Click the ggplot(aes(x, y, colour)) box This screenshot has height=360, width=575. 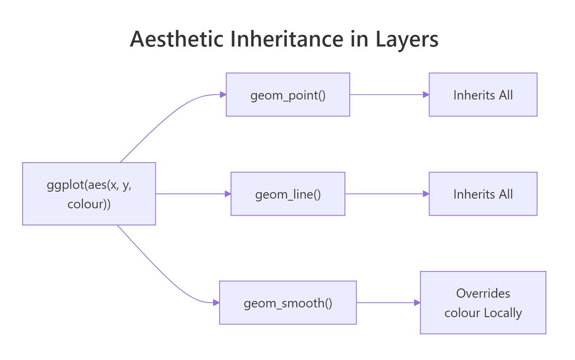(89, 194)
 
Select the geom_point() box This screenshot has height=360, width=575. (287, 95)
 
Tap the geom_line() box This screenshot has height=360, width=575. (287, 194)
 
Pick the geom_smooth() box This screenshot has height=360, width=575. (287, 303)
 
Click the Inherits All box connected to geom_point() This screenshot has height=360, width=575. (483, 95)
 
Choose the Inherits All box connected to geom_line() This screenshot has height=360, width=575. (483, 194)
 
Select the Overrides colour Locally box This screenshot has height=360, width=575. (483, 303)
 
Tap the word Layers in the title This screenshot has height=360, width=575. (407, 39)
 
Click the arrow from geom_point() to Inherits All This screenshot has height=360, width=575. (388, 95)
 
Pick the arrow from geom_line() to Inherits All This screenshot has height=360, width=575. (386, 194)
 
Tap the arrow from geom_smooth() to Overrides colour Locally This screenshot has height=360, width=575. (387, 303)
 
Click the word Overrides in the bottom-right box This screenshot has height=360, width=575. (483, 293)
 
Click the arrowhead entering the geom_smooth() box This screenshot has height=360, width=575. (216, 303)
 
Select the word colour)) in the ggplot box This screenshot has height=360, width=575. (89, 204)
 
